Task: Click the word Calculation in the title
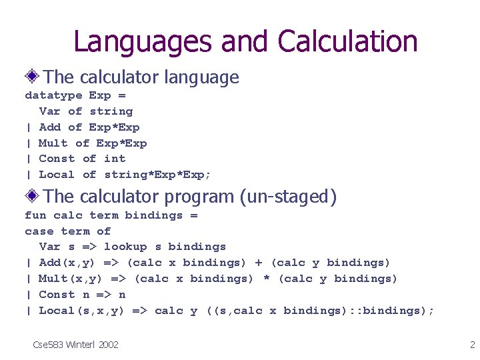348,41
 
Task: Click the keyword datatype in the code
53,95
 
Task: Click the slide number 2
472,345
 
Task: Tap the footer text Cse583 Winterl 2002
76,345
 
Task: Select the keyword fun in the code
35,215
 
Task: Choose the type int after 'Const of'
115,159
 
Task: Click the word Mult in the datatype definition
53,143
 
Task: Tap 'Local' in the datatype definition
57,175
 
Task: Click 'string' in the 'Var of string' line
111,111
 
